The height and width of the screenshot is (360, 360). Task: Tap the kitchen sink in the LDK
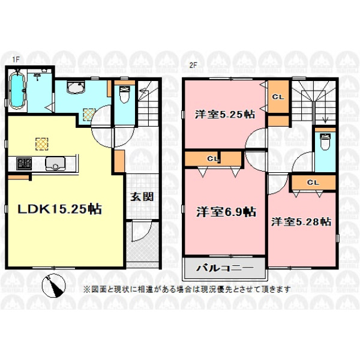[55, 163]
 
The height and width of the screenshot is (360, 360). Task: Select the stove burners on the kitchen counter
[24, 163]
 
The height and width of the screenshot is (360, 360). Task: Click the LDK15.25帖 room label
[60, 209]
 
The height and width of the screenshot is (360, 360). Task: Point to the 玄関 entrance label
[142, 197]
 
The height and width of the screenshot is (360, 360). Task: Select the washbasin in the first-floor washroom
[76, 88]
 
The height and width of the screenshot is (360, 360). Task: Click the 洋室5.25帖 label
[225, 115]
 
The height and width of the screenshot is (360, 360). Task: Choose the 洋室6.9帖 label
[226, 212]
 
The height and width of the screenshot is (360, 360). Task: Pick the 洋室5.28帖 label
[301, 222]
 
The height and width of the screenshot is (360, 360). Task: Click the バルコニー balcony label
[225, 268]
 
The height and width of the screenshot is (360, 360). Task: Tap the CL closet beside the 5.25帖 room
[278, 97]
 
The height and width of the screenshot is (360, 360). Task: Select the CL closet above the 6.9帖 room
[213, 158]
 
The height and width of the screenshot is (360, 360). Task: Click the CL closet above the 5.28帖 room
[313, 182]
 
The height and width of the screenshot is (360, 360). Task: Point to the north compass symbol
[54, 286]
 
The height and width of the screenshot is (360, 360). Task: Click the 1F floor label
[16, 59]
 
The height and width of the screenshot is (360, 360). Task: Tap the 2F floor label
[193, 65]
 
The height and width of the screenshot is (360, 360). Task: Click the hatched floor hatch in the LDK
[42, 144]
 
